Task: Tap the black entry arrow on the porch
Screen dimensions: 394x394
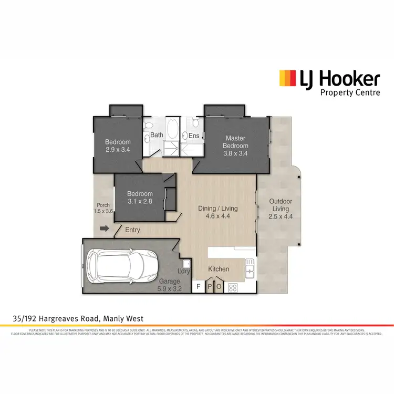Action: click(104, 229)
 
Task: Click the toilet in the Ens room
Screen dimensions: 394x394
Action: click(195, 123)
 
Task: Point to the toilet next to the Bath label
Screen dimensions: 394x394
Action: click(149, 125)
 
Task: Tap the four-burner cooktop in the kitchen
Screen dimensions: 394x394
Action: click(233, 287)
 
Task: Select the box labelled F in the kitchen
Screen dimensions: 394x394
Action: click(199, 287)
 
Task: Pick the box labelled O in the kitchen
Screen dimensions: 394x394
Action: click(219, 287)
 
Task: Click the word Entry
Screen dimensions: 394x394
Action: click(133, 230)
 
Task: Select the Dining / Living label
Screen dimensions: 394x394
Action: click(217, 209)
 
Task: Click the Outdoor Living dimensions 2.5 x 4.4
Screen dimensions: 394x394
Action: click(280, 216)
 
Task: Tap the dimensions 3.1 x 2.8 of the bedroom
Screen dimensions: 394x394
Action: click(140, 201)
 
